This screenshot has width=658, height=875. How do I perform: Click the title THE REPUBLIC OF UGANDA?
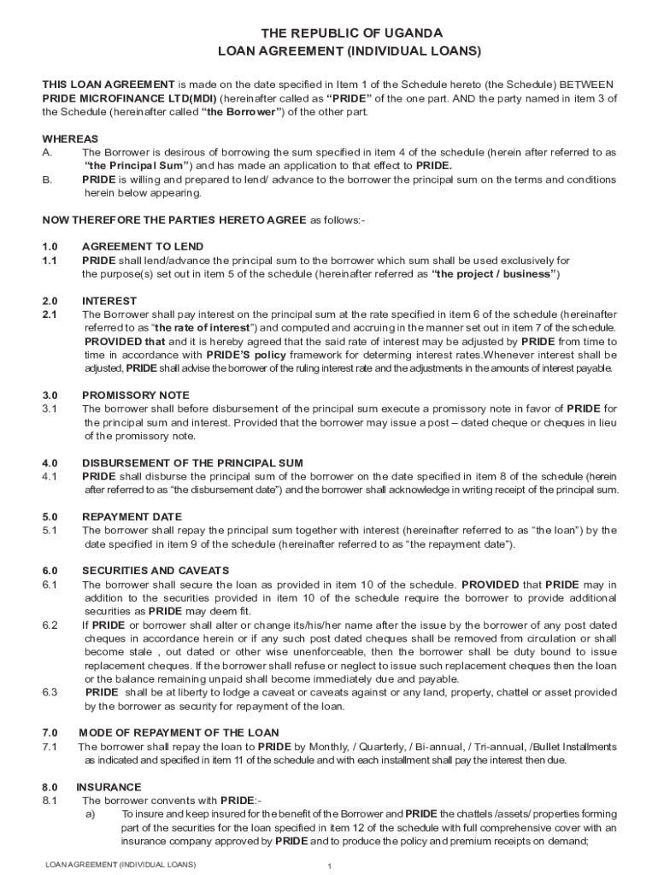351,32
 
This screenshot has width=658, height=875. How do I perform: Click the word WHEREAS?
70,138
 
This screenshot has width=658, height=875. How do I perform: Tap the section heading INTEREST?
109,301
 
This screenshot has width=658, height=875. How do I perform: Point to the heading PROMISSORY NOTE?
136,395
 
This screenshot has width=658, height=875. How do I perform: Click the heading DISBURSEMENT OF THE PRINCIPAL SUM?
192,462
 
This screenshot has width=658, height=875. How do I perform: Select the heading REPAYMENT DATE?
132,516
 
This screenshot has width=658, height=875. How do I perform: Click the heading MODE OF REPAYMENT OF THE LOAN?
179,732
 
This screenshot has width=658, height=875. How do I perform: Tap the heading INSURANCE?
109,786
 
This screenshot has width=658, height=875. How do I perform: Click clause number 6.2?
50,625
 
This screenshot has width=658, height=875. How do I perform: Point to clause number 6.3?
50,692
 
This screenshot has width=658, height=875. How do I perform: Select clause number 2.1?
50,314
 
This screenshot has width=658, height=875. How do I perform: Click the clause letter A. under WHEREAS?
48,152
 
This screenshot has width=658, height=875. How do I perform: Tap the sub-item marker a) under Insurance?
90,813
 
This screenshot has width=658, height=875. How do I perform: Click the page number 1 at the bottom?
329,866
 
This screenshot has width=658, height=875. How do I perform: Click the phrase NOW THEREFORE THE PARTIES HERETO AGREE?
174,220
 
